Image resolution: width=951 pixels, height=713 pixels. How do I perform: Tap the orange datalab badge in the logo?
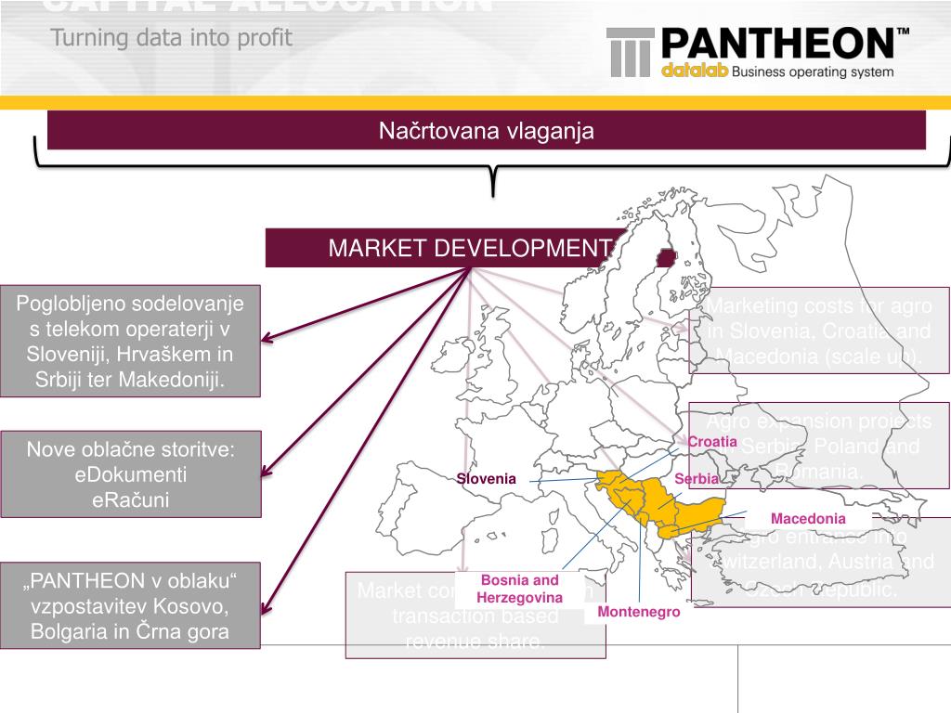pos(695,71)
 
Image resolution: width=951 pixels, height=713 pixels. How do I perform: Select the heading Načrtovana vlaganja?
pos(486,131)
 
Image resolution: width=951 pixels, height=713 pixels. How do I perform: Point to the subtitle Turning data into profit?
pos(171,38)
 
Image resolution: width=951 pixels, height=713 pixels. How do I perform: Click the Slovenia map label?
pos(486,479)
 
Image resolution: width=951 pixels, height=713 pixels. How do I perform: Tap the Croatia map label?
pos(712,442)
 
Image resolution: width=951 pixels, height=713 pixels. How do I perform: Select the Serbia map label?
pos(697,479)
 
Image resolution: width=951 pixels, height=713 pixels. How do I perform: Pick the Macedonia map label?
pos(808,518)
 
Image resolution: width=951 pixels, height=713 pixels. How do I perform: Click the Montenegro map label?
pos(639,612)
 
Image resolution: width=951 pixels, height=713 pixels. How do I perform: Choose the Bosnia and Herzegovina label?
pos(520,589)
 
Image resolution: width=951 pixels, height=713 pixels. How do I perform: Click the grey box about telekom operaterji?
pos(130,342)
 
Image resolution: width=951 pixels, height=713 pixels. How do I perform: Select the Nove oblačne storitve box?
pos(130,474)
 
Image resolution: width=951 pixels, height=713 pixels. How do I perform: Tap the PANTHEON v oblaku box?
pos(130,606)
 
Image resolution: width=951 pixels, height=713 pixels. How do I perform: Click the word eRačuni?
pos(131,499)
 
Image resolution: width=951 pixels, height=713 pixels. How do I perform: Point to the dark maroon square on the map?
pos(665,258)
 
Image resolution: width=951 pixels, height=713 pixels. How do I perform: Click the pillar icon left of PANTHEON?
pos(631,52)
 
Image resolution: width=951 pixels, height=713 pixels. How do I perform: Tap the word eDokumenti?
pos(131,474)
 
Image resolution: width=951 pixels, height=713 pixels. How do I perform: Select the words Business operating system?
pos(813,71)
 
